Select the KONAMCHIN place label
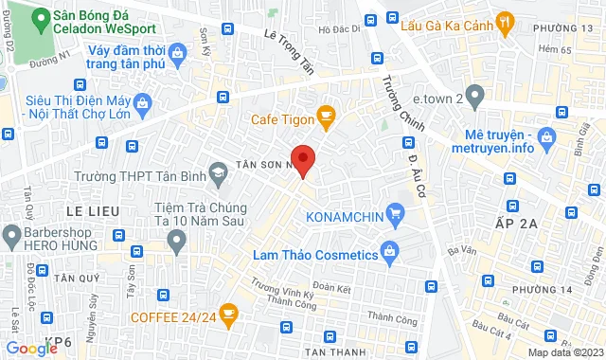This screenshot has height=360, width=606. [350, 217]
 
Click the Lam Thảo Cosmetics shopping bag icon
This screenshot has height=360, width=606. [388, 252]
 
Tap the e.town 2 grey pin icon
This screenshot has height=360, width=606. [474, 98]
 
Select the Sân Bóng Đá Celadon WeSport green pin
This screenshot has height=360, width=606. [39, 18]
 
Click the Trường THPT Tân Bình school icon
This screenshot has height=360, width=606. [219, 172]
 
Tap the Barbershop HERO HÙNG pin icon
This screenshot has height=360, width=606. [12, 233]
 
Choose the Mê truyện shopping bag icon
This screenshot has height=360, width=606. [545, 140]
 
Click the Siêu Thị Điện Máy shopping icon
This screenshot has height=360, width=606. [141, 101]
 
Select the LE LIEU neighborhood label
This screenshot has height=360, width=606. [90, 206]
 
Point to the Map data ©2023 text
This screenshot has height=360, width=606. [564, 351]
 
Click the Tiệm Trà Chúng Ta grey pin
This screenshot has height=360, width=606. [175, 243]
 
